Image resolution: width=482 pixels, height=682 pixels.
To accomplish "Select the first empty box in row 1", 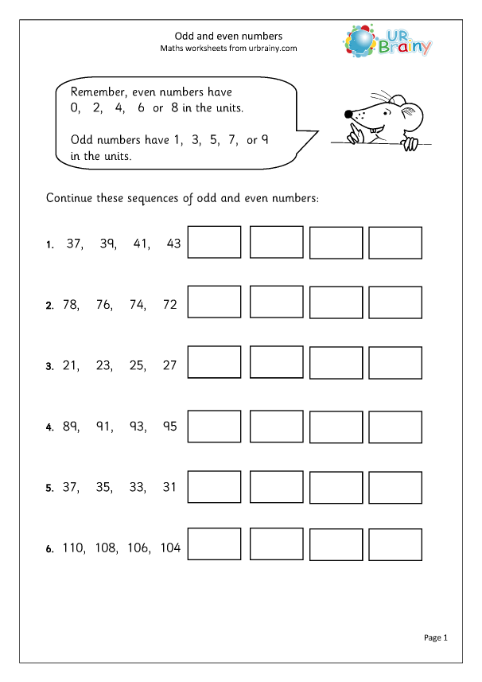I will [214, 242].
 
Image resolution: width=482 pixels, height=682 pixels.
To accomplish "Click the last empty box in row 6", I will [395, 544].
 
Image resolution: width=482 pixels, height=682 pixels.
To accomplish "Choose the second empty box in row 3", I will [277, 361].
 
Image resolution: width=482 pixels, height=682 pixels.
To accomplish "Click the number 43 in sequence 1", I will [174, 244].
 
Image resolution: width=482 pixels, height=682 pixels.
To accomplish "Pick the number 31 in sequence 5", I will [169, 486].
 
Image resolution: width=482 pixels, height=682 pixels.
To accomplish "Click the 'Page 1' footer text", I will [437, 637].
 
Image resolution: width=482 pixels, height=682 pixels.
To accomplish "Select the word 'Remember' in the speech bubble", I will [97, 92].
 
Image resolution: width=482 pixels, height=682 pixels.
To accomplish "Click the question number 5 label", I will [49, 488].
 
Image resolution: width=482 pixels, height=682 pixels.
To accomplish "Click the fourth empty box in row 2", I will [395, 302].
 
